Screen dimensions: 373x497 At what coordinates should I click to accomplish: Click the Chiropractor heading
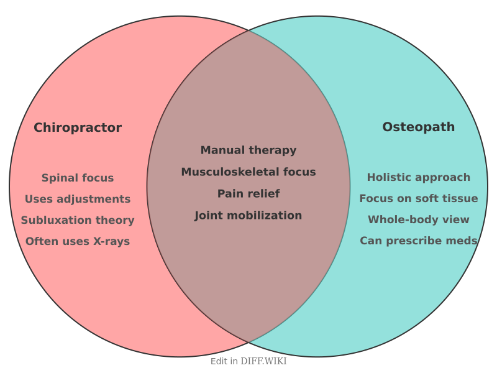(x=78, y=127)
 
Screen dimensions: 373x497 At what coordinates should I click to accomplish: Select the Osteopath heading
(x=418, y=127)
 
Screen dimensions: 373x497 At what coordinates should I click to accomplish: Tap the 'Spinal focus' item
(x=78, y=178)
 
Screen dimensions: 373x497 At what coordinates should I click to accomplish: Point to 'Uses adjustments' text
(x=78, y=199)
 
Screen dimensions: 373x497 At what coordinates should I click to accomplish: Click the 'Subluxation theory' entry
(x=78, y=220)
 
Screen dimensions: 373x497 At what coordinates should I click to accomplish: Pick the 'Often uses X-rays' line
(x=78, y=241)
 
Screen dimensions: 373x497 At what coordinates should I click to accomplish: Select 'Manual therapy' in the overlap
(x=248, y=150)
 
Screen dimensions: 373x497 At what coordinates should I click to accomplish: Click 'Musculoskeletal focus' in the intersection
(x=248, y=172)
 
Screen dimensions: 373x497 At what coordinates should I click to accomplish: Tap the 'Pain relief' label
(x=248, y=193)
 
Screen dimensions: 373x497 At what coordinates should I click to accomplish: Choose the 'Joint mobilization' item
(x=248, y=215)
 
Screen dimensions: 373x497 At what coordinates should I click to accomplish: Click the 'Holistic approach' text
(x=418, y=177)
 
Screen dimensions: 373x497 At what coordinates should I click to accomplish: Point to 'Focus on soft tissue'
(x=418, y=198)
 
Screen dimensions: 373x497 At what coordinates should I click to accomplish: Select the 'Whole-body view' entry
(x=418, y=219)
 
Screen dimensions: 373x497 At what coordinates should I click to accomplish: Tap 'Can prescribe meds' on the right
(x=418, y=241)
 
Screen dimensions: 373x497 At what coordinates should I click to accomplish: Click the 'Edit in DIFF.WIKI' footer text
(x=248, y=361)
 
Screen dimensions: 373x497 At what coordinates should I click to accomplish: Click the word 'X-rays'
(x=111, y=241)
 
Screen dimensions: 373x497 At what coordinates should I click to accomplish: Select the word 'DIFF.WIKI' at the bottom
(x=264, y=361)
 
